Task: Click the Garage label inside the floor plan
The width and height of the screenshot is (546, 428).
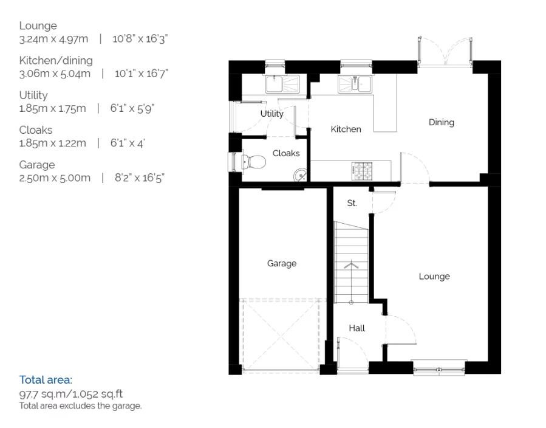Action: click(x=282, y=263)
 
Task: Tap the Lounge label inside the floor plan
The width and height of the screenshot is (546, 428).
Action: click(x=434, y=277)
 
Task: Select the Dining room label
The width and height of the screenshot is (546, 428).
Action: click(x=441, y=122)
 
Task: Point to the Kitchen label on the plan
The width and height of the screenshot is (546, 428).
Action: click(x=346, y=129)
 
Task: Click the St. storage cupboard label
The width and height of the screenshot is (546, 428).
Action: click(x=352, y=203)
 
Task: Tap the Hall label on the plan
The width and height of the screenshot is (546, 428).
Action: click(x=357, y=328)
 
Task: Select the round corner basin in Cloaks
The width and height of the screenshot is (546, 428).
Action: click(x=300, y=175)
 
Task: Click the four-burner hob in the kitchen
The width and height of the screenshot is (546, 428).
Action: click(x=362, y=171)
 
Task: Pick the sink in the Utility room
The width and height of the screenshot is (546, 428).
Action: click(x=282, y=85)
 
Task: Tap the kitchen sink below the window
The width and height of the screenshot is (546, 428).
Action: click(x=355, y=85)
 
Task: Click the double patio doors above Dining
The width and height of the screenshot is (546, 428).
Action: click(x=445, y=51)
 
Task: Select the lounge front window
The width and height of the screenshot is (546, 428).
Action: click(x=439, y=368)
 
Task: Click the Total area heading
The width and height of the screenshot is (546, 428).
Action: click(x=46, y=379)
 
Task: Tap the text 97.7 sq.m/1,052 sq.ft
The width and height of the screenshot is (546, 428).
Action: click(x=71, y=394)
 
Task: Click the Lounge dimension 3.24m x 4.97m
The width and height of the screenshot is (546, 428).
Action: click(x=53, y=39)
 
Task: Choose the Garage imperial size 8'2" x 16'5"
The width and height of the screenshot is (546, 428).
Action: click(x=140, y=178)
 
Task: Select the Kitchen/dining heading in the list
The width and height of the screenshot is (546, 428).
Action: click(x=56, y=60)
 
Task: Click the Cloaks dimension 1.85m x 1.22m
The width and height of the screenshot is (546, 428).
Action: click(x=53, y=143)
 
